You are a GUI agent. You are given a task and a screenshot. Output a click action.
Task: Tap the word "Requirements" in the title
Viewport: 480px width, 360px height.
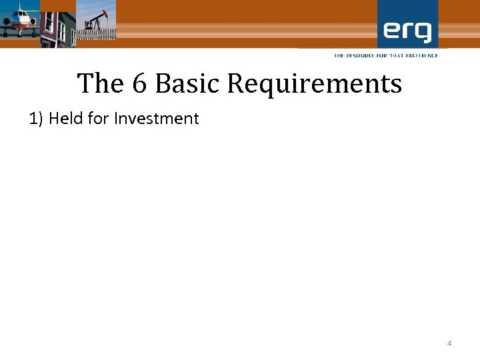[x=314, y=85]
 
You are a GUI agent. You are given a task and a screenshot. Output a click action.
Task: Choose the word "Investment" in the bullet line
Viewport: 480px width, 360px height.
[x=157, y=119]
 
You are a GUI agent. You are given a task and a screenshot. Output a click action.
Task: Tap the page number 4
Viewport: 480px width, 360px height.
[x=449, y=343]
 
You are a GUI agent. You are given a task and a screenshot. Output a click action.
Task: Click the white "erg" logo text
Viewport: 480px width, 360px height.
[x=407, y=31]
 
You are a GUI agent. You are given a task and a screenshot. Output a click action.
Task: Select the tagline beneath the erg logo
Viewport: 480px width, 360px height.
[x=386, y=55]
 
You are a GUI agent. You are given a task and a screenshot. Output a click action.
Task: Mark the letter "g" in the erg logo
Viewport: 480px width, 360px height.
[x=423, y=33]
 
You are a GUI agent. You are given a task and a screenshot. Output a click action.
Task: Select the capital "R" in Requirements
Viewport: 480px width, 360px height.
[x=235, y=84]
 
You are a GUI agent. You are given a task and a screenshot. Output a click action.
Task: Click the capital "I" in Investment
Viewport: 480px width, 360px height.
[x=117, y=119]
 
